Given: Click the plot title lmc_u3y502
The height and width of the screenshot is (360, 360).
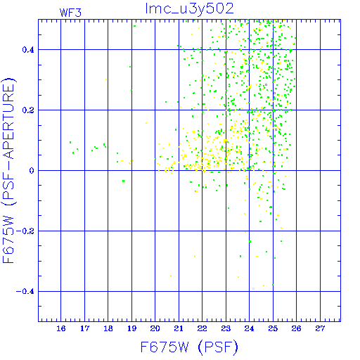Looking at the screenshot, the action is click(x=189, y=9).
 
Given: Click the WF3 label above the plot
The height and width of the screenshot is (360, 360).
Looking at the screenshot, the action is click(x=70, y=13).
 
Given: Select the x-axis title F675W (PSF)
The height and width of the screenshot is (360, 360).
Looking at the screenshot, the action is click(x=189, y=347).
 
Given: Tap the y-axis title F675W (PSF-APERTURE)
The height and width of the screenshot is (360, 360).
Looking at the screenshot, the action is click(x=8, y=171).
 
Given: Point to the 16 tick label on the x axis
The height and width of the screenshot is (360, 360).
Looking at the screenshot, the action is click(x=61, y=328).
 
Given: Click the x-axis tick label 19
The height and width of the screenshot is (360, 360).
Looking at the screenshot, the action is click(x=131, y=328).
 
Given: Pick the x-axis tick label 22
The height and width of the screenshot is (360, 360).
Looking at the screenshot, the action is click(x=202, y=328).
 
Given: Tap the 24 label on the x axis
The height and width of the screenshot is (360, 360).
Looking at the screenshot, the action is click(x=249, y=328).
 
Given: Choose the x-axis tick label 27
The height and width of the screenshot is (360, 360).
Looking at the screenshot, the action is click(x=320, y=328).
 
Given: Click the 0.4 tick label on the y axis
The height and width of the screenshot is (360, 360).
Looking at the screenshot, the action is click(x=28, y=50).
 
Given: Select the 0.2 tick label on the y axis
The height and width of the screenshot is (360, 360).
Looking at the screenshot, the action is click(x=28, y=110).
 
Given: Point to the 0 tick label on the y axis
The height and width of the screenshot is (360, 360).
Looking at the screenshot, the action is click(x=32, y=171).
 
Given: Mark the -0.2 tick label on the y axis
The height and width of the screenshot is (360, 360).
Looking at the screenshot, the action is click(x=25, y=231).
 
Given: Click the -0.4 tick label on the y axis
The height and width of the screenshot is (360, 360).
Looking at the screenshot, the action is click(x=25, y=292).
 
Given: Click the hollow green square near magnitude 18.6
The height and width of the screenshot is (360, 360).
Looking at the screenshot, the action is click(x=124, y=181).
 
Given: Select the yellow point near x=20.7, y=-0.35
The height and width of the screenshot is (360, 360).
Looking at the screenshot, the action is click(x=171, y=276).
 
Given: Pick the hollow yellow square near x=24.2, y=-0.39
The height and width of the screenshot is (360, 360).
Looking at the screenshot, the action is click(x=253, y=288).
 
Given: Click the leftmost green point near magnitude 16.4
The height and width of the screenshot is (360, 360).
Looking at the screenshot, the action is click(x=70, y=142).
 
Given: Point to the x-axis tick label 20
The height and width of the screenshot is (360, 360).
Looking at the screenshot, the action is click(x=155, y=328).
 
